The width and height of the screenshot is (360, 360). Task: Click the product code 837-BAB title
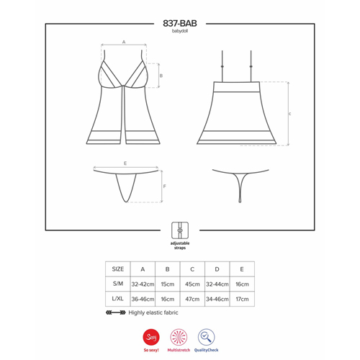point(180,23)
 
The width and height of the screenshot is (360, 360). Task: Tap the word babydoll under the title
point(180,31)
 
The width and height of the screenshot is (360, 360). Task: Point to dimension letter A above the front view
point(124,42)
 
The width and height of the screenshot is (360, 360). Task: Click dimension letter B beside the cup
point(161,76)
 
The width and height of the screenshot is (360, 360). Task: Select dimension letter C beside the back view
point(289,114)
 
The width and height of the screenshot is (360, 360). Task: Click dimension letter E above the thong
point(125,163)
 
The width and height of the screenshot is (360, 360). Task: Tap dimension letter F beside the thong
point(165,186)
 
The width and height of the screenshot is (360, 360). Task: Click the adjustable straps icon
point(180,230)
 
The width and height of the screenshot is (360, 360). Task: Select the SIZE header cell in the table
point(118,269)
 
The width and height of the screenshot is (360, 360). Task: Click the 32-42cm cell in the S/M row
point(143,284)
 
